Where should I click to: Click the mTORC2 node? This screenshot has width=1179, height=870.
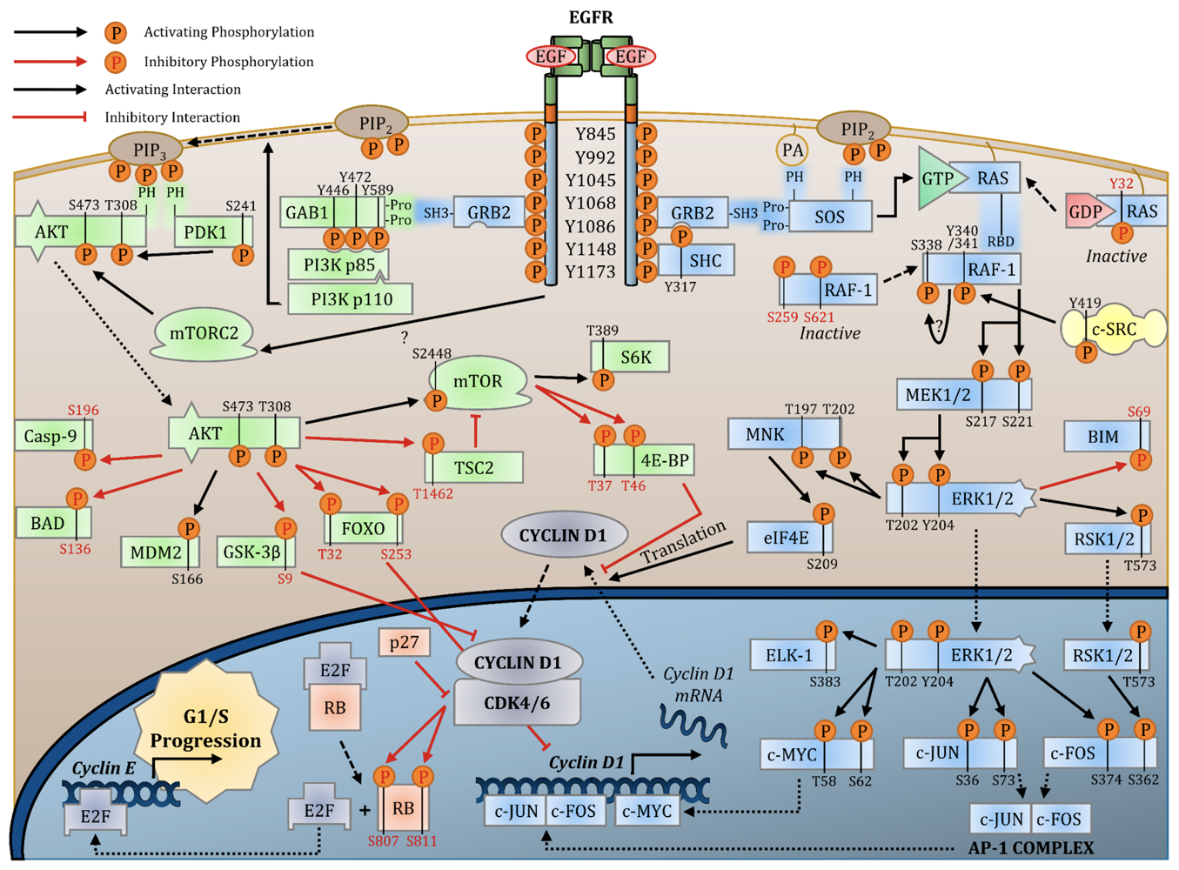tap(204, 334)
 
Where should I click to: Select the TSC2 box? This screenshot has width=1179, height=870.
tap(474, 467)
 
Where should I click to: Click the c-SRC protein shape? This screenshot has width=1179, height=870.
tap(1114, 330)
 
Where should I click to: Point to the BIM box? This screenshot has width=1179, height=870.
tap(1103, 437)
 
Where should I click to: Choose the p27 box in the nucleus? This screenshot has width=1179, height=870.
tap(405, 643)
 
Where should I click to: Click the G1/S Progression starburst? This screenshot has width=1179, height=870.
tap(205, 730)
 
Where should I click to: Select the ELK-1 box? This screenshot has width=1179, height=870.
tap(789, 655)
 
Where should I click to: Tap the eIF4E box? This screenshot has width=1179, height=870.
tap(787, 538)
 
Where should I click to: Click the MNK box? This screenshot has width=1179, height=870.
tap(766, 434)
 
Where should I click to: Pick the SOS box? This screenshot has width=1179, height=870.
tap(829, 217)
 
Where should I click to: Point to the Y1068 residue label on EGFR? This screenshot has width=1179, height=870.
tap(590, 203)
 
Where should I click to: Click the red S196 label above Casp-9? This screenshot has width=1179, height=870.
tap(84, 410)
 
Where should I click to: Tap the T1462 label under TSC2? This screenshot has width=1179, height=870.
tap(433, 494)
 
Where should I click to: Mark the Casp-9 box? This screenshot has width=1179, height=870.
tap(50, 436)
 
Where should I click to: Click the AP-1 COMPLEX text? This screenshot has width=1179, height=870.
tap(1031, 847)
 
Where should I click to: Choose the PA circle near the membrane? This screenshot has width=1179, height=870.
tap(792, 151)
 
